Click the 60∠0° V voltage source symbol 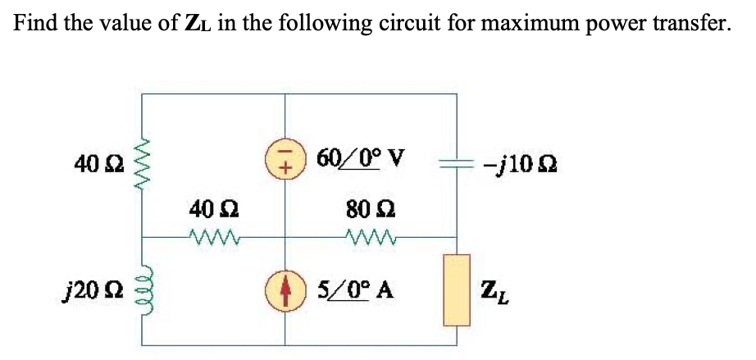tap(285, 158)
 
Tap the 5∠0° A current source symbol tap(285, 290)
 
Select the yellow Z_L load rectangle tap(457, 289)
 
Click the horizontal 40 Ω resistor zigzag tap(214, 239)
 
